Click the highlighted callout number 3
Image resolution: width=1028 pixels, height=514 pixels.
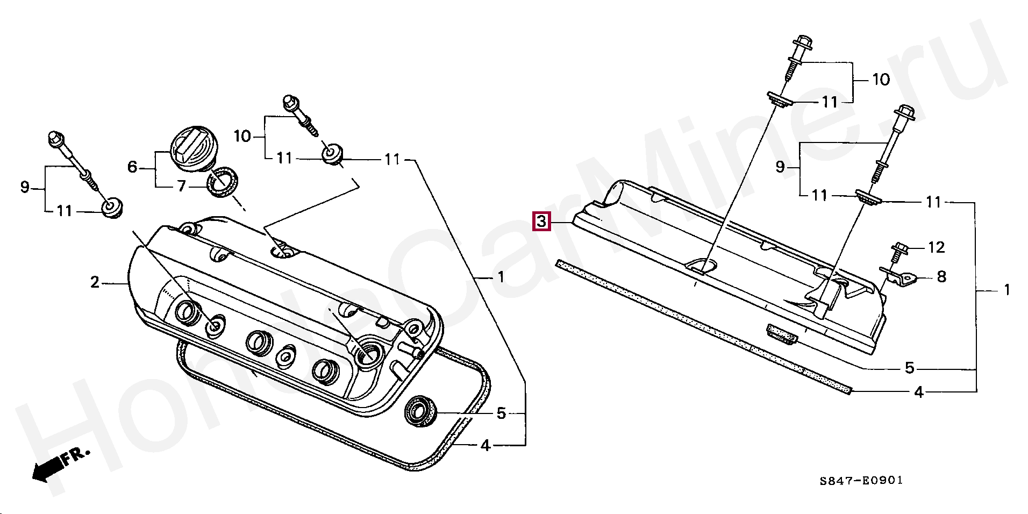click(x=541, y=222)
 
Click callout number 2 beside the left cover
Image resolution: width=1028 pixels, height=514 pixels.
click(x=95, y=282)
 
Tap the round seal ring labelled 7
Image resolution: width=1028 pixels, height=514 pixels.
click(x=223, y=181)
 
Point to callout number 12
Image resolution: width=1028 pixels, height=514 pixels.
click(x=936, y=247)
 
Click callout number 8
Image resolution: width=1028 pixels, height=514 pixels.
click(x=941, y=277)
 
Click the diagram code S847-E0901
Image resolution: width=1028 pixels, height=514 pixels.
click(x=861, y=481)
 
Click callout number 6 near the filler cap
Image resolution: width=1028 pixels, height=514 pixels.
click(x=132, y=167)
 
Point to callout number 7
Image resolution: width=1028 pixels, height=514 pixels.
click(x=181, y=186)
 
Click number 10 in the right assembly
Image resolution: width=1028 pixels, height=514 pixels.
click(x=881, y=80)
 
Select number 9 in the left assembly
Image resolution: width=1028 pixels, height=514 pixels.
click(x=25, y=188)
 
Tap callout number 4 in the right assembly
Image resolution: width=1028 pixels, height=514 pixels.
click(x=919, y=392)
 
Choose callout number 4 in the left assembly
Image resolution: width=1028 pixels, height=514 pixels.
click(x=486, y=446)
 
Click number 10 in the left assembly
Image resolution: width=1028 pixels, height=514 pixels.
click(x=242, y=137)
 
